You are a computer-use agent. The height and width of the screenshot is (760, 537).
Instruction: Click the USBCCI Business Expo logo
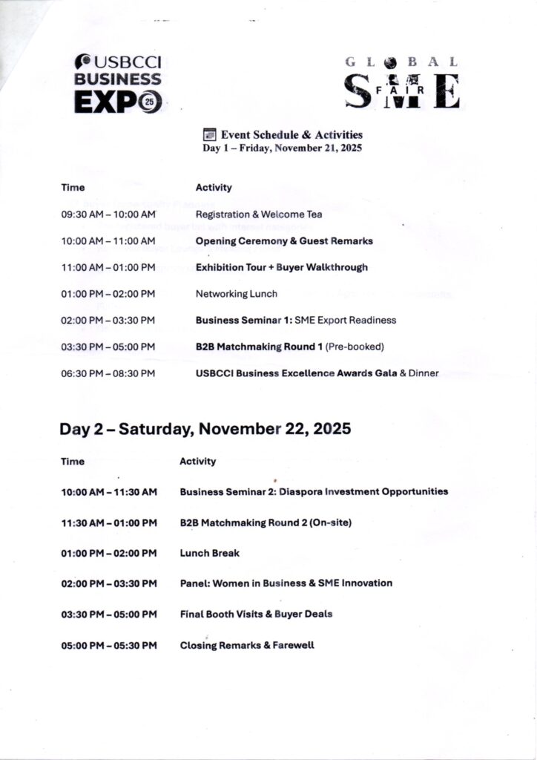(118, 85)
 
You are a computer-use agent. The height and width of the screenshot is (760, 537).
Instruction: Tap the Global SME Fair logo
(401, 82)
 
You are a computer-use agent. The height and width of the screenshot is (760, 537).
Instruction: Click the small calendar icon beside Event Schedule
(209, 134)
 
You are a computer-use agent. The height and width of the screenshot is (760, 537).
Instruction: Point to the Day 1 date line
(282, 148)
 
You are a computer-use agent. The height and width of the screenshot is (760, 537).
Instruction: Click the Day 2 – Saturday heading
(205, 429)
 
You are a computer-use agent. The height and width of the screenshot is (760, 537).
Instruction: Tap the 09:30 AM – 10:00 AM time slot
(108, 214)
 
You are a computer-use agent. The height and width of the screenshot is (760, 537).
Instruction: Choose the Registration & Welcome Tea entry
(258, 214)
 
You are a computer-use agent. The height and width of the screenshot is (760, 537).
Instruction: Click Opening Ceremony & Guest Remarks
(284, 241)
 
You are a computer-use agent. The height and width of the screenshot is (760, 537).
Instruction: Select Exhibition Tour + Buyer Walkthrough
(281, 267)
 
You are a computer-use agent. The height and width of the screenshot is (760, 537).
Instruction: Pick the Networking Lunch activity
(236, 294)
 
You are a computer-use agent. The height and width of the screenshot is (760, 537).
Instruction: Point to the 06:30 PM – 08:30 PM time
(108, 373)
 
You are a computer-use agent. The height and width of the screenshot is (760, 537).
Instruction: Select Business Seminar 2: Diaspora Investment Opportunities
(314, 491)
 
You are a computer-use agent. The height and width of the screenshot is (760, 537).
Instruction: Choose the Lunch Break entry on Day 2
(209, 553)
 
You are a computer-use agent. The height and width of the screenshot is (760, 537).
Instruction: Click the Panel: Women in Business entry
(286, 583)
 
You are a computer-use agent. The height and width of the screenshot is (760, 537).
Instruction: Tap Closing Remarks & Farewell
(247, 645)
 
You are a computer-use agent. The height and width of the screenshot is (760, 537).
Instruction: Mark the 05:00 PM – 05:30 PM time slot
(109, 645)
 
